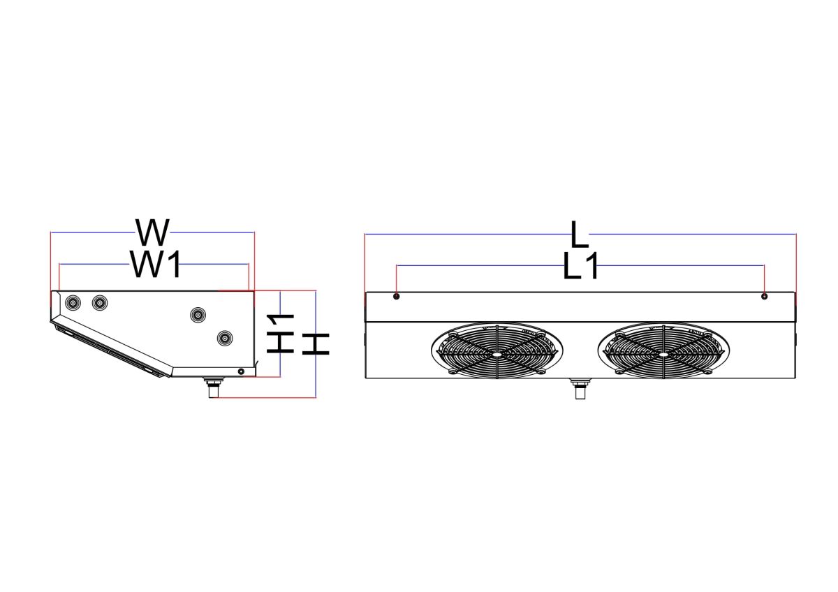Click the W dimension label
point(152,232)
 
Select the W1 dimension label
point(156,265)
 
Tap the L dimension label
point(580,235)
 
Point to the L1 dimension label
point(580,265)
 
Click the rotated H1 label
point(280,334)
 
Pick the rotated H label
point(316,344)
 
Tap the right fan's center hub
point(663,354)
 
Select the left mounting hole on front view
point(397,297)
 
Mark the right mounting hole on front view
point(764,297)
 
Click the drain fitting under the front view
point(580,389)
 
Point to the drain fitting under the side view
point(214,387)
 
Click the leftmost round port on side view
point(73,302)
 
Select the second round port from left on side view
point(100,302)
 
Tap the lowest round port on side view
point(225,338)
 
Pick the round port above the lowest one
point(198,315)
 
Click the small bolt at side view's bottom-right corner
point(242,371)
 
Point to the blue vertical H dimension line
point(316,344)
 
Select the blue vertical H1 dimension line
point(280,334)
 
